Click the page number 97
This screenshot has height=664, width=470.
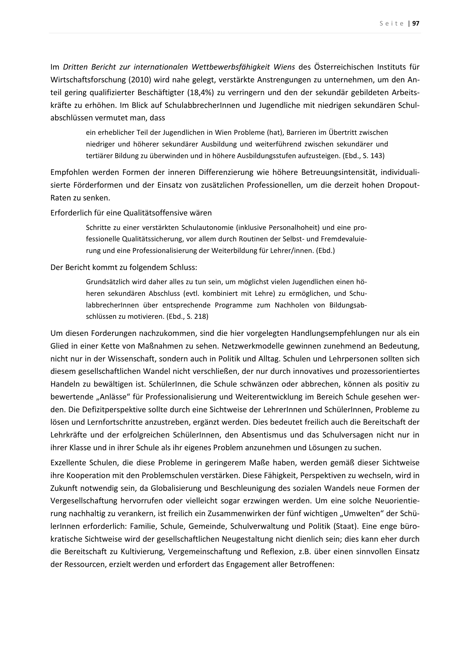[x=416, y=24]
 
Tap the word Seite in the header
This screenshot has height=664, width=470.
[x=392, y=24]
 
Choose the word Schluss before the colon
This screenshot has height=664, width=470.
[x=183, y=267]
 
